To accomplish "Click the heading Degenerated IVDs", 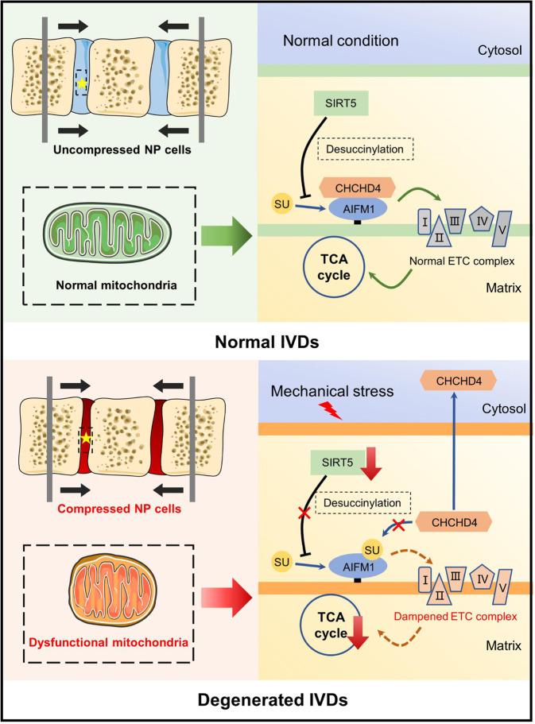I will (267, 702).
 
